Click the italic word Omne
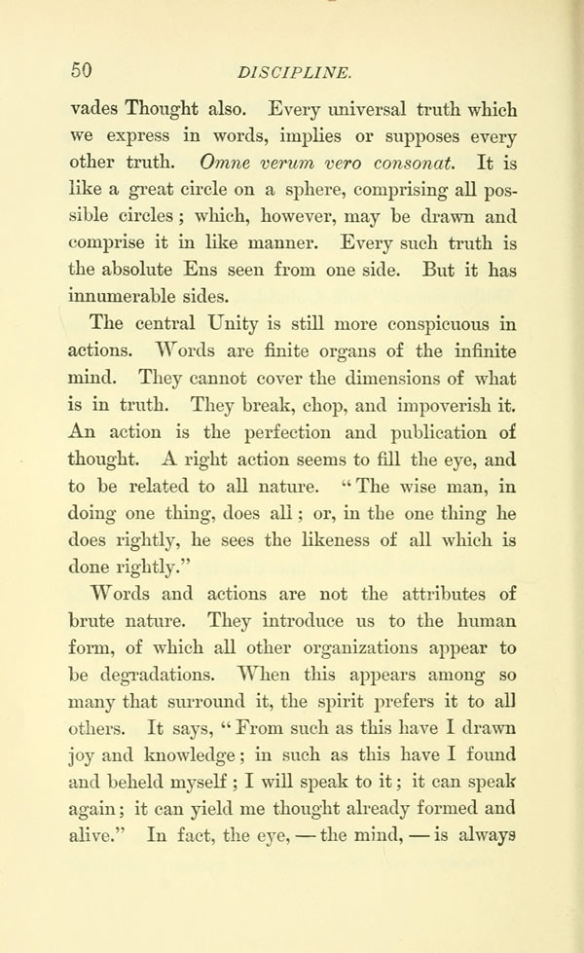tap(226, 160)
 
